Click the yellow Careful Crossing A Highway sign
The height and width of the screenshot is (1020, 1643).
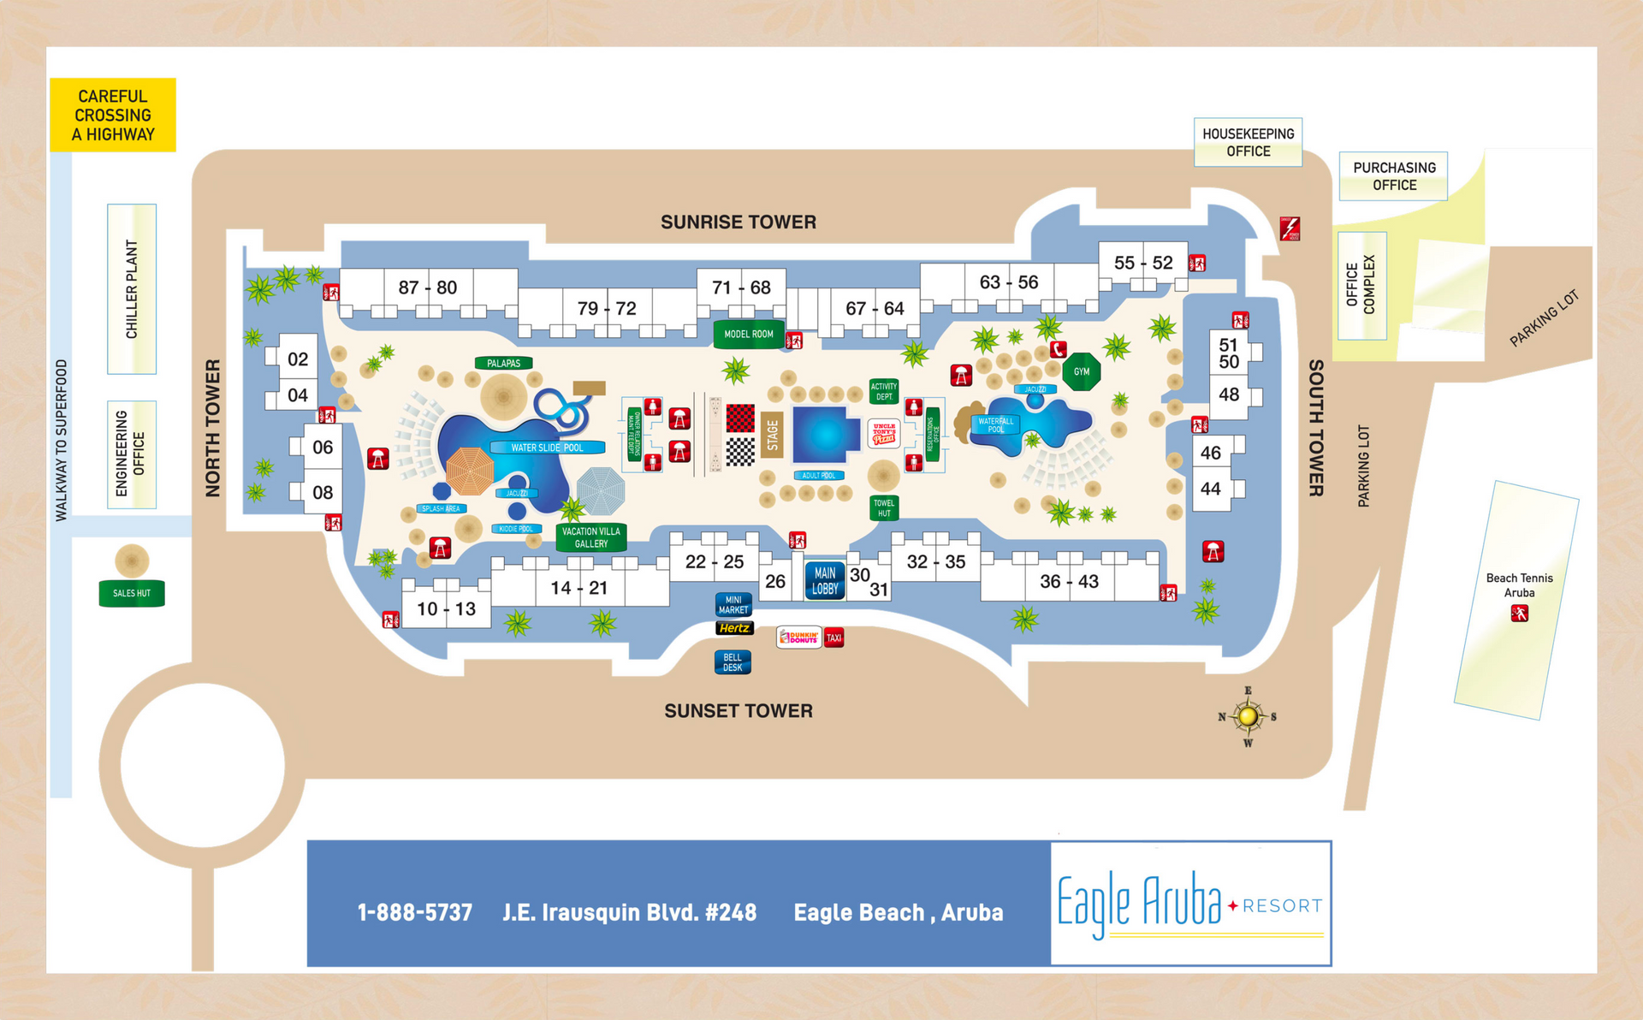click(x=113, y=115)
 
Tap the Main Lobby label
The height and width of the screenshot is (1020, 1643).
click(x=825, y=580)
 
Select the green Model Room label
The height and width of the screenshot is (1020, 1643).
click(x=749, y=334)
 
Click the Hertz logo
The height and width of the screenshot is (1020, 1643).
click(x=734, y=628)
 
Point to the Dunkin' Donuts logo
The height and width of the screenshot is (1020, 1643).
click(x=799, y=637)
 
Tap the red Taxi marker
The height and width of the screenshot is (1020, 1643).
click(x=834, y=637)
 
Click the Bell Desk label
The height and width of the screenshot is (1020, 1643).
click(x=733, y=662)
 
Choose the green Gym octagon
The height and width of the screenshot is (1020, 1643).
click(x=1082, y=371)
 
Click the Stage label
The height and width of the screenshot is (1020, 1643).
click(x=772, y=435)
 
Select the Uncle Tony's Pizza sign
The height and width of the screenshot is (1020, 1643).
click(x=884, y=433)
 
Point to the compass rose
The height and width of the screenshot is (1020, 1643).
click(x=1248, y=716)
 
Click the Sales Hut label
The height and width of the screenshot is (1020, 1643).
click(x=132, y=593)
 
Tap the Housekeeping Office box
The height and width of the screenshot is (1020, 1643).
click(x=1248, y=142)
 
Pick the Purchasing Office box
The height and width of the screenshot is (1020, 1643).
click(x=1394, y=176)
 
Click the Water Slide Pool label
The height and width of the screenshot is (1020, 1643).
click(x=548, y=448)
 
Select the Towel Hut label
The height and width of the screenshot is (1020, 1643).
click(x=884, y=508)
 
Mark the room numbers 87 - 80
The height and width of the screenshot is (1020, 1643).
click(x=428, y=288)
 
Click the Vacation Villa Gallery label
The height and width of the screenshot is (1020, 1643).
click(x=591, y=537)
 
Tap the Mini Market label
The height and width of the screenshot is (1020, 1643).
click(x=733, y=605)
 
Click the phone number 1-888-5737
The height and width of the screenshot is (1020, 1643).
click(x=415, y=912)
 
